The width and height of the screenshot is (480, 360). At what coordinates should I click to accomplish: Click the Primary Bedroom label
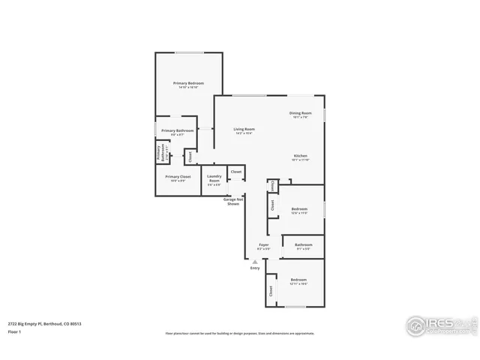click(x=188, y=83)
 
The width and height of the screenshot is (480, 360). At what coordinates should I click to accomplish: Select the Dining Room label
click(x=300, y=113)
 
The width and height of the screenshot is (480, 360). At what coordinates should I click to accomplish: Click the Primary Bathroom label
click(x=177, y=130)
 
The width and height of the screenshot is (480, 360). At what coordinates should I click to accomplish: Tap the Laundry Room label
click(x=214, y=179)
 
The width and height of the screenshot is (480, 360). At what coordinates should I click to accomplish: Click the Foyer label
click(x=264, y=244)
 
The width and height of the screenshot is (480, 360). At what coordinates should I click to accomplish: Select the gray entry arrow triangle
click(x=255, y=261)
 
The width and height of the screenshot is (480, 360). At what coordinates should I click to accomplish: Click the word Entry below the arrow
click(x=255, y=268)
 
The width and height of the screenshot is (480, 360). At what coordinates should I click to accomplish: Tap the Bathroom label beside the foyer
click(x=303, y=244)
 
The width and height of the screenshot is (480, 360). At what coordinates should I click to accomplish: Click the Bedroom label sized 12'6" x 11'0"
click(x=299, y=209)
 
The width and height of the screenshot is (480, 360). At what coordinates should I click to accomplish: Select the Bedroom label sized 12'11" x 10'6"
click(x=298, y=280)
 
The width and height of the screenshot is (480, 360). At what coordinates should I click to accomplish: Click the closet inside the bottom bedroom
click(x=270, y=290)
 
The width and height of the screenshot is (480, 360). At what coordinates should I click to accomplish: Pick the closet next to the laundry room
click(x=235, y=172)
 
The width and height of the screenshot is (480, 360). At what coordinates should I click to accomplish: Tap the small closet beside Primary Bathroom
click(x=190, y=157)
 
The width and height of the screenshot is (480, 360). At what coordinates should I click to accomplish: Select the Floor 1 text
click(x=13, y=331)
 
